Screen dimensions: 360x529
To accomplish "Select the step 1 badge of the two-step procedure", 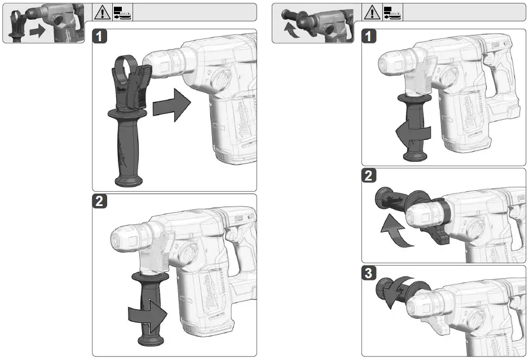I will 100,37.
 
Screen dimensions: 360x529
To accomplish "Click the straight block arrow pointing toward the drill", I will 173,104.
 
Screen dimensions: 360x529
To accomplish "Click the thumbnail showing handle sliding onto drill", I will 46,23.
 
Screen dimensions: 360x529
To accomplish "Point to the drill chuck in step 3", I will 429,302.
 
